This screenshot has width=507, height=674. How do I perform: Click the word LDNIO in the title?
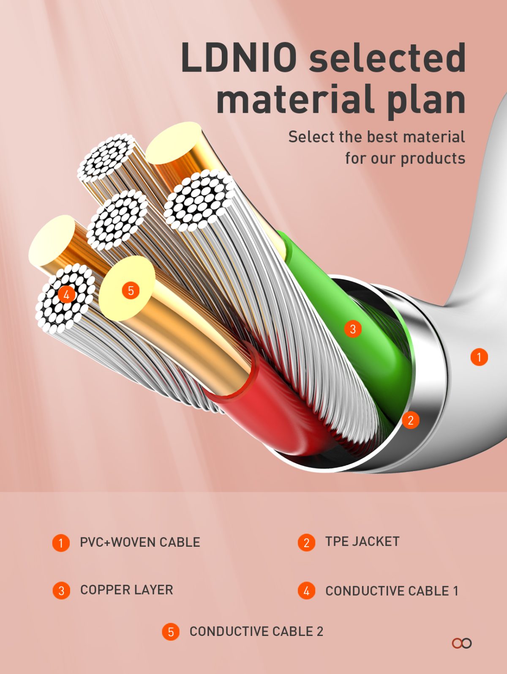tap(239, 57)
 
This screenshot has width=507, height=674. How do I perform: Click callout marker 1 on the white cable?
tap(479, 357)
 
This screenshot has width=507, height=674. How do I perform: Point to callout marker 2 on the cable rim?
tap(410, 420)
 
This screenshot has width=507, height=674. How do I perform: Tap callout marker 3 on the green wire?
tap(353, 329)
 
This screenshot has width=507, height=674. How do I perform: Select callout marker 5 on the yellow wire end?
tap(131, 290)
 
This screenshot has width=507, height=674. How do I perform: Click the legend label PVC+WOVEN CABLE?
tap(140, 542)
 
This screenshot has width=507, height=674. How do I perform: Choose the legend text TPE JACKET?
tap(362, 541)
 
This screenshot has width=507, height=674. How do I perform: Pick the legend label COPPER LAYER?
tap(127, 590)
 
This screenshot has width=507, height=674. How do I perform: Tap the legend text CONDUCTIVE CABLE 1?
tap(392, 591)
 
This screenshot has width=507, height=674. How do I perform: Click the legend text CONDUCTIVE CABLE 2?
tap(256, 631)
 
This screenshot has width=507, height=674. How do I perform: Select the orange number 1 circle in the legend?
tap(61, 542)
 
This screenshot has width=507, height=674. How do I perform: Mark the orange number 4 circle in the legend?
tap(307, 591)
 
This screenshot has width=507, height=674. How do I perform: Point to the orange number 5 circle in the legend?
tap(171, 632)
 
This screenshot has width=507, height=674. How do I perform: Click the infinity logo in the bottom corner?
tap(462, 643)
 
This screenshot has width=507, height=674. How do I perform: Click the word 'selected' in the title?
tap(387, 57)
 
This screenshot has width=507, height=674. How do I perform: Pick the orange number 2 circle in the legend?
tap(307, 542)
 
